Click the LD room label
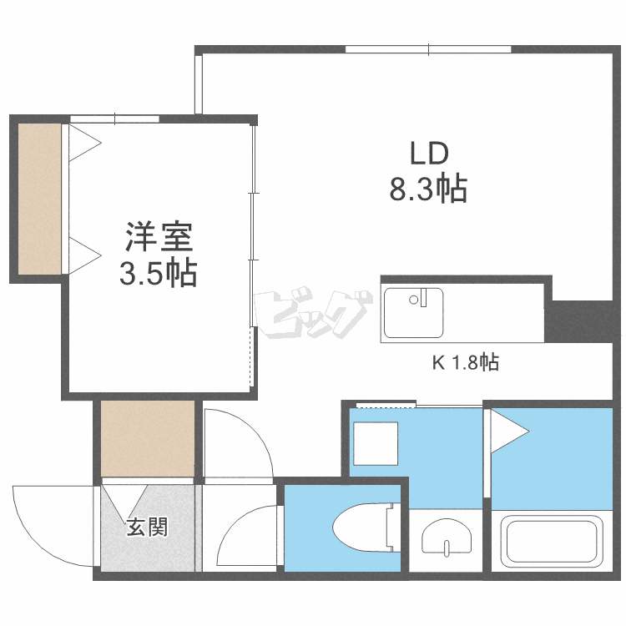(x=429, y=154)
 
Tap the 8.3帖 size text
(x=427, y=190)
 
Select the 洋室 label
(x=159, y=238)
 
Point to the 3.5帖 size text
(x=158, y=273)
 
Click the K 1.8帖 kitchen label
(x=466, y=363)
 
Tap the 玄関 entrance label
(x=147, y=528)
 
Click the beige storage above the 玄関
(x=148, y=438)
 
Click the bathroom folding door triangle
(x=507, y=431)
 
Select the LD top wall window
(x=427, y=49)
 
